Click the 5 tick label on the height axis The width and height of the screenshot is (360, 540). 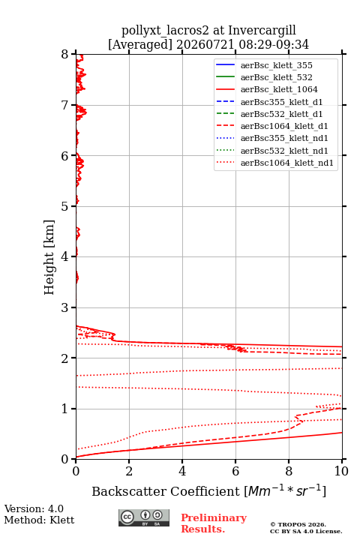[x=65, y=206]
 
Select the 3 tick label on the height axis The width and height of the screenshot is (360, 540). [x=65, y=307]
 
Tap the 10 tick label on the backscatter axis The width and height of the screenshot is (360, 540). [x=341, y=471]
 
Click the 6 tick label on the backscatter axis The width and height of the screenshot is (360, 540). [x=235, y=471]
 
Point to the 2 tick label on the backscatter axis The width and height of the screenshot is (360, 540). [x=129, y=471]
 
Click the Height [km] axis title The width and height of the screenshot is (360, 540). [x=49, y=257]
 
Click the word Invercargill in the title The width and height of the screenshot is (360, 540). [x=262, y=31]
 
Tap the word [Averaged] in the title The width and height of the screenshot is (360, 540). [x=139, y=45]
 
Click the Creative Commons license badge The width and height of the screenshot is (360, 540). [x=144, y=517]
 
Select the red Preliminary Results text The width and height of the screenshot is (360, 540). [x=214, y=523]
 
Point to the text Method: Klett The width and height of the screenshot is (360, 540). [x=39, y=520]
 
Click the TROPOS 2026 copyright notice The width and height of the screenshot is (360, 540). [x=298, y=524]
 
